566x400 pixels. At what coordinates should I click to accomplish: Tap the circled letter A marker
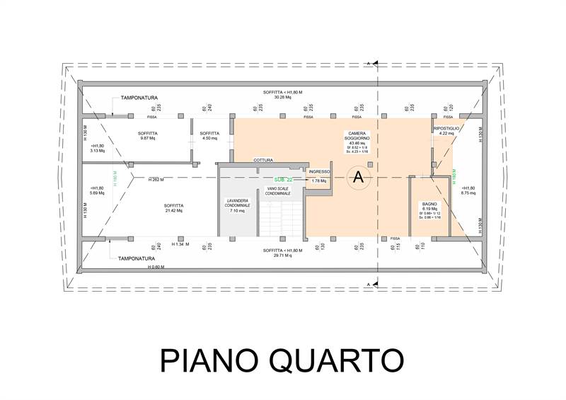pyautogui.click(x=358, y=177)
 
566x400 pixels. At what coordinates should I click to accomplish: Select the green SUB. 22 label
pyautogui.click(x=283, y=180)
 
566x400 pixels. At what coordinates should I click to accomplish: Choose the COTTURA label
pyautogui.click(x=262, y=161)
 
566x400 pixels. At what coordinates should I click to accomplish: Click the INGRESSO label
pyautogui.click(x=319, y=172)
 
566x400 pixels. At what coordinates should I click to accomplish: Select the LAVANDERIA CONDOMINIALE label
pyautogui.click(x=236, y=205)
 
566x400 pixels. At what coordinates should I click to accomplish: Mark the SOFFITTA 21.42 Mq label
pyautogui.click(x=173, y=207)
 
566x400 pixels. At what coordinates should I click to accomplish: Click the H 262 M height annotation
pyautogui.click(x=156, y=180)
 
